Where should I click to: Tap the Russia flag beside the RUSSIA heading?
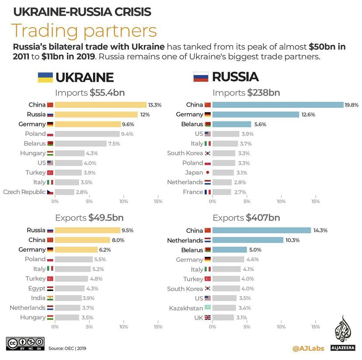[200, 77]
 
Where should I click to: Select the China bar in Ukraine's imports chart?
[101, 105]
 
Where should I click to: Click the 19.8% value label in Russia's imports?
[352, 105]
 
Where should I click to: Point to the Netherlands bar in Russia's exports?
[248, 240]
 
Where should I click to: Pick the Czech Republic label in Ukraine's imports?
[24, 192]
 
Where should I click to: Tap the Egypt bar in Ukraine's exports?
[70, 288]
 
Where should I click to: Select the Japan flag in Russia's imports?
[207, 173]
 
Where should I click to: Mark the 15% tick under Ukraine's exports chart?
[158, 327]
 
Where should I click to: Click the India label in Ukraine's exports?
[38, 298]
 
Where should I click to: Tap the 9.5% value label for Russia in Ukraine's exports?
[128, 230]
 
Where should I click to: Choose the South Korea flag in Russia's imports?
[207, 153]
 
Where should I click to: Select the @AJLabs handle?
[308, 348]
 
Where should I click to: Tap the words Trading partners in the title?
[84, 31]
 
